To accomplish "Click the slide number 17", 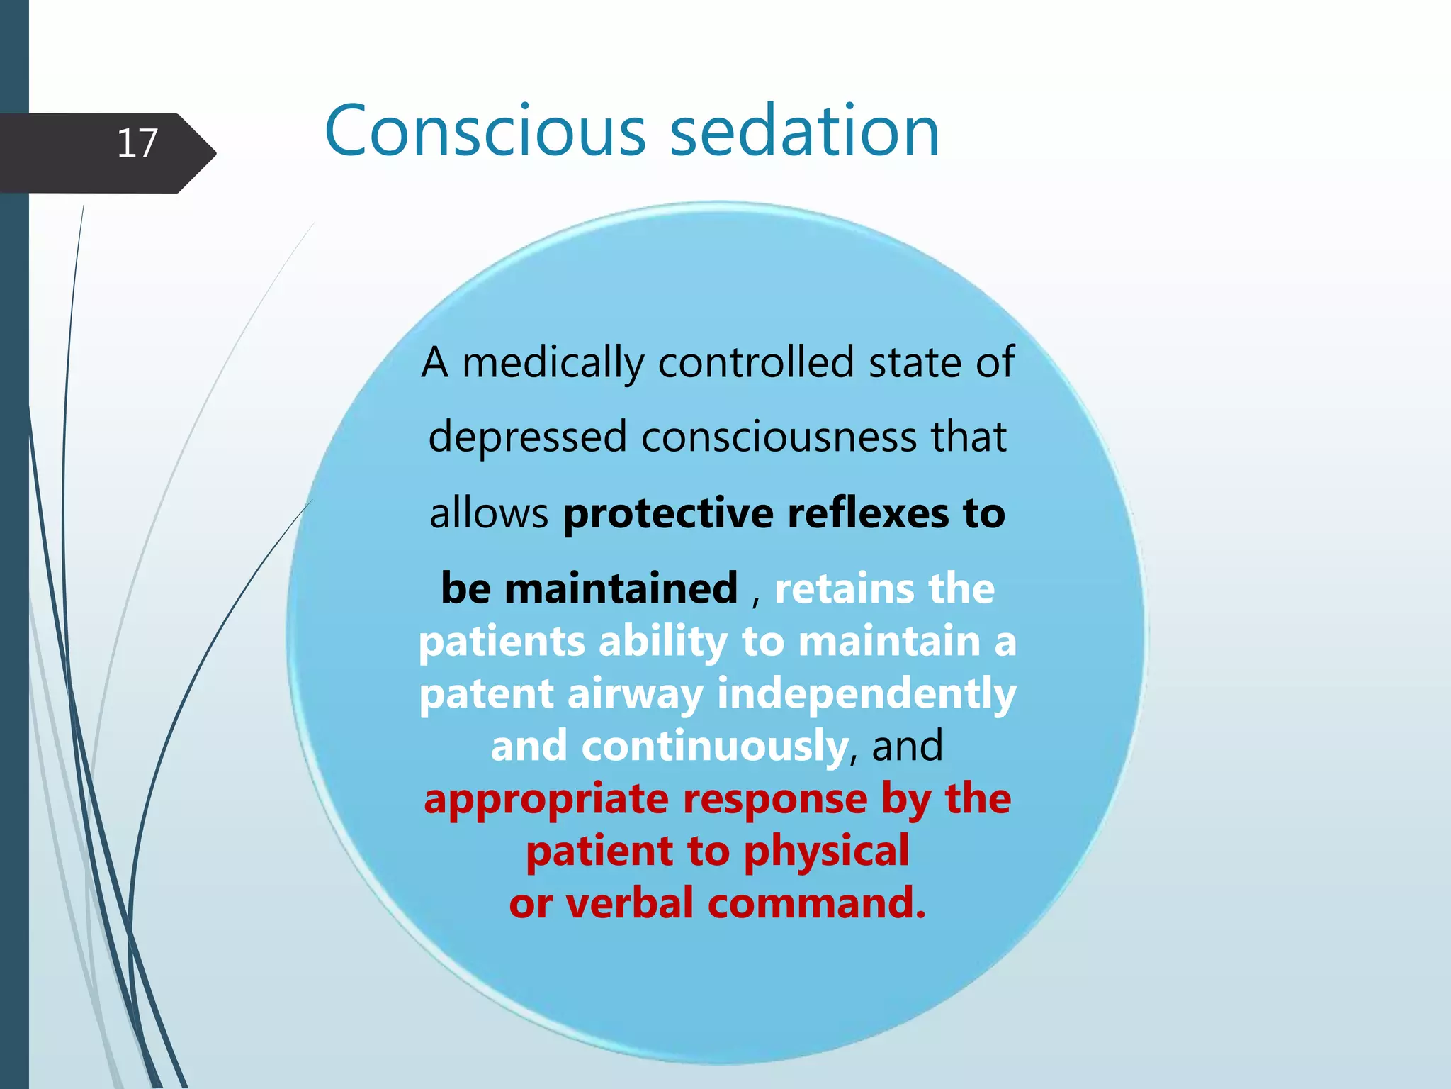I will [x=137, y=144].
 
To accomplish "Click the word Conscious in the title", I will [x=485, y=131].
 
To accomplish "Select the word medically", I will [x=553, y=363].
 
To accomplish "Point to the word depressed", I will [x=528, y=437].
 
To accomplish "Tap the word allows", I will [x=489, y=513].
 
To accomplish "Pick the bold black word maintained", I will [x=621, y=588].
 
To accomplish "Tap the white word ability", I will [x=662, y=642].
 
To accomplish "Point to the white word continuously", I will [x=714, y=747].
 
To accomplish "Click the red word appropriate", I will [x=546, y=800].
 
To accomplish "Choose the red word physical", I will [x=826, y=851].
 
